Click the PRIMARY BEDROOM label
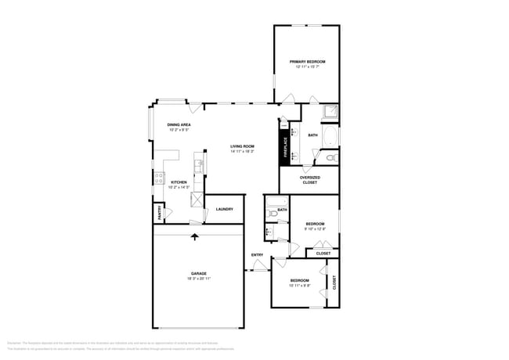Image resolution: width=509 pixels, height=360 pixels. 307,62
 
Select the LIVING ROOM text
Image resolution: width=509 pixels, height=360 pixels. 242,146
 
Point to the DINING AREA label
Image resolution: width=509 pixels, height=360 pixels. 179,125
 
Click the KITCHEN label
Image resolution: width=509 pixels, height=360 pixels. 179,182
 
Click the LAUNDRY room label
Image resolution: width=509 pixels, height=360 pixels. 224,209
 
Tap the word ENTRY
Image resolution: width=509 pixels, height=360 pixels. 257,255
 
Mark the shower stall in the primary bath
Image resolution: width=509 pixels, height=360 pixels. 331,113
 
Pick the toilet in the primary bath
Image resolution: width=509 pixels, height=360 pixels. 330,158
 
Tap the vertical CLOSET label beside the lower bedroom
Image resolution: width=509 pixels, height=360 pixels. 334,283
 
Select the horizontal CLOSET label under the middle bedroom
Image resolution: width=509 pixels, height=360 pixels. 323,254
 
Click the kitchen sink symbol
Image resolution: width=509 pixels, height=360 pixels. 200,166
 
